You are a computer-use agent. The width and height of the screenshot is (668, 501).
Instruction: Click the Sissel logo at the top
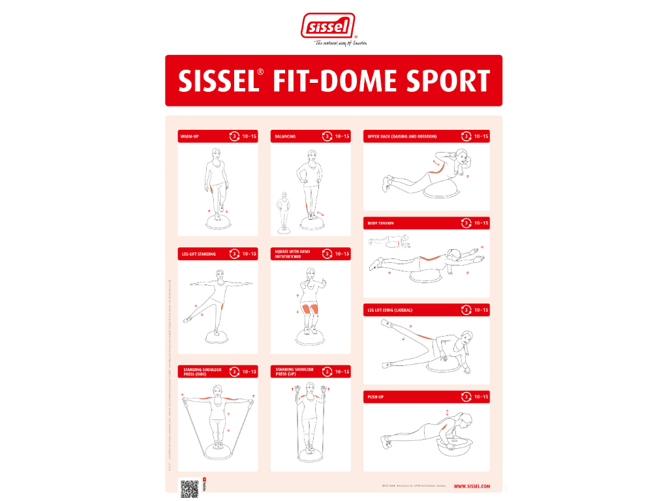pyautogui.click(x=328, y=27)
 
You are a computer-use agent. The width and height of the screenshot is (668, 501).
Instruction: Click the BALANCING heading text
pyautogui.click(x=285, y=137)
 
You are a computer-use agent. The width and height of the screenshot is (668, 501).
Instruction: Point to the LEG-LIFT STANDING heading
pyautogui.click(x=198, y=254)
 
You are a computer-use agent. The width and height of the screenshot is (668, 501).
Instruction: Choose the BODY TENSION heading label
pyautogui.click(x=381, y=223)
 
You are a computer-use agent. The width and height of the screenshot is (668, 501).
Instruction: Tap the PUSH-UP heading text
pyautogui.click(x=375, y=397)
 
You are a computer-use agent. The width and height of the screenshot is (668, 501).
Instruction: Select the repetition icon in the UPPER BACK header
pyautogui.click(x=466, y=136)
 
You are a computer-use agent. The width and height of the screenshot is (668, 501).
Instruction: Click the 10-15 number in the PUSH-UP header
pyautogui.click(x=481, y=397)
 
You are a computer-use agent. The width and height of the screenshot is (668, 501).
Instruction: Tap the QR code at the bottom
pyautogui.click(x=189, y=488)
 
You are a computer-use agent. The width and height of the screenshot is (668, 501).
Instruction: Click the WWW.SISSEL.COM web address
pyautogui.click(x=471, y=486)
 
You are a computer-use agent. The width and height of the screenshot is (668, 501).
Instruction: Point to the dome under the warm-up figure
pyautogui.click(x=217, y=224)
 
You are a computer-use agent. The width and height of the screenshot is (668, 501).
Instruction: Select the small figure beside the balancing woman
pyautogui.click(x=284, y=209)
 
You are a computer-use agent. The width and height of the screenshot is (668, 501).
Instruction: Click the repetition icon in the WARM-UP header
pyautogui.click(x=234, y=136)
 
